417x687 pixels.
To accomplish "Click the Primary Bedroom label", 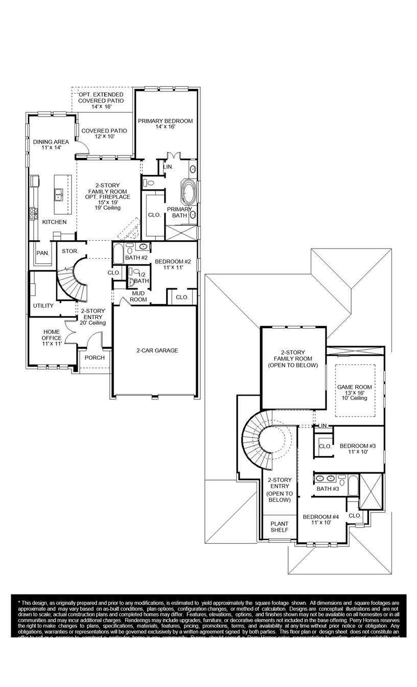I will [165, 124].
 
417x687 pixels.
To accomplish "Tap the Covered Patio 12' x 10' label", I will [104, 133].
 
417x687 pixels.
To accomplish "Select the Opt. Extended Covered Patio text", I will [101, 101].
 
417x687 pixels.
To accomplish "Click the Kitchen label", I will [54, 222].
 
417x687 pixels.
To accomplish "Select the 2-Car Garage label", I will [157, 351].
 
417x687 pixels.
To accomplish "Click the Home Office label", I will [52, 338].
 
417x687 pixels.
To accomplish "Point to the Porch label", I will [95, 358].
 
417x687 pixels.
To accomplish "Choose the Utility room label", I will [43, 306].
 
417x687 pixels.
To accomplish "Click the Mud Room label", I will [138, 296].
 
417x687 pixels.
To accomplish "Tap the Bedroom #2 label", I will [172, 264].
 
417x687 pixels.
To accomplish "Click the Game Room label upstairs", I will [355, 392].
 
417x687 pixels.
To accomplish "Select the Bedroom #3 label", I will [358, 448].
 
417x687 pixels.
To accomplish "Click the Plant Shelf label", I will [280, 526].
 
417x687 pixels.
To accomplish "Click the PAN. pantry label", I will [42, 253].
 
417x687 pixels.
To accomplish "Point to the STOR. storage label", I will [69, 251].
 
